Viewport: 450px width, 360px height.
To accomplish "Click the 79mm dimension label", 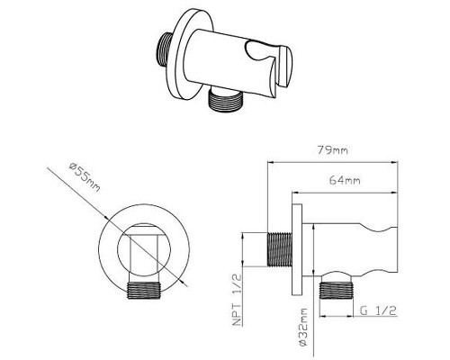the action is pos(333,149).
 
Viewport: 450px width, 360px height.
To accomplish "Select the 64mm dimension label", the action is pos(345,180).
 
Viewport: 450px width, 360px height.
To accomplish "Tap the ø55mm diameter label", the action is pos(85,177).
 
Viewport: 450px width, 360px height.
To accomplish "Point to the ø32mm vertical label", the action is pos(303,327).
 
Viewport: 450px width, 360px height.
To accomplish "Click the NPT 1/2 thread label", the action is pos(238,300).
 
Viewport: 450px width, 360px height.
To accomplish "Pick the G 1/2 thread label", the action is pos(378,310).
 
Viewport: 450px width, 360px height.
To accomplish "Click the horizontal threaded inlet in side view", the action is pos(279,249).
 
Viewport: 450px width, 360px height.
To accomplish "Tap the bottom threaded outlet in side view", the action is pos(336,291).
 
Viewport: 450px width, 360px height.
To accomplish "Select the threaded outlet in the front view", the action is pos(144,291).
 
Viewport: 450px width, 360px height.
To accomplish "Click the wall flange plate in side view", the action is pos(297,249).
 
